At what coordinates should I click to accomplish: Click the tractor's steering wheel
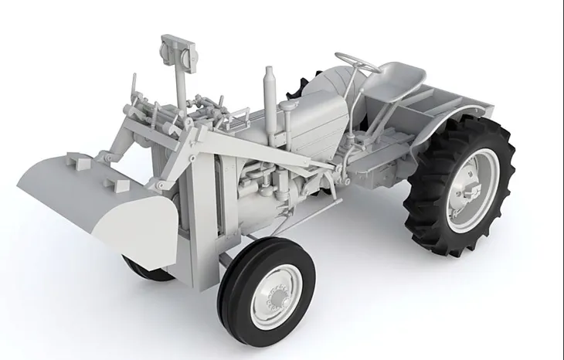point(357,61)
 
